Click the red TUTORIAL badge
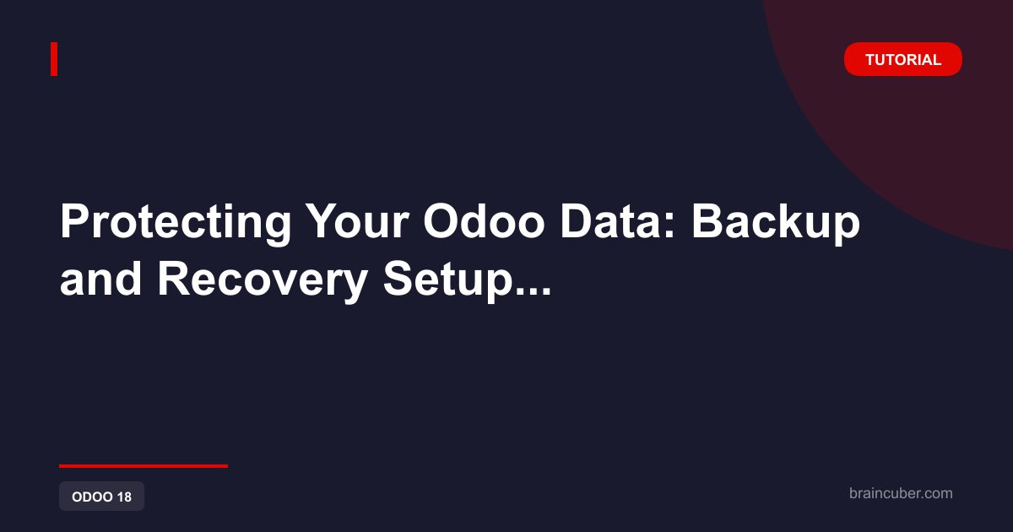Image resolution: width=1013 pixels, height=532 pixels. point(902,59)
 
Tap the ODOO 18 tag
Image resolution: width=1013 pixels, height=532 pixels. point(102,497)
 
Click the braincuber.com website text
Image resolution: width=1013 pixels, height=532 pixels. point(901,493)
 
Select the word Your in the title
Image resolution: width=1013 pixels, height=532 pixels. point(357,220)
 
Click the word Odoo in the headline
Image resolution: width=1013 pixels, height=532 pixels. point(484,220)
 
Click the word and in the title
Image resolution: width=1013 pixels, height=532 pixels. point(100,279)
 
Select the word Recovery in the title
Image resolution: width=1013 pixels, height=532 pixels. point(263,281)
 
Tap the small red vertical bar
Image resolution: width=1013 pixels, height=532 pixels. point(54,59)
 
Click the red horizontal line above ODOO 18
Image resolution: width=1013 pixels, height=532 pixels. point(144,466)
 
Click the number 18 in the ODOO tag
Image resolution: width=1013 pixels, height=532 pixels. point(124,497)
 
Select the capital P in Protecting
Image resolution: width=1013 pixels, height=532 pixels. point(75,220)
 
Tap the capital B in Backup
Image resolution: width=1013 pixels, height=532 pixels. point(708,220)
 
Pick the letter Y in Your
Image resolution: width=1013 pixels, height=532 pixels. point(322,220)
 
